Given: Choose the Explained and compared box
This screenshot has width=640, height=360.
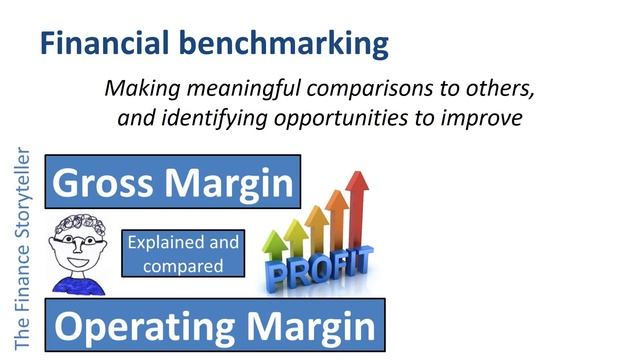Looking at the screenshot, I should click(181, 254).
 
